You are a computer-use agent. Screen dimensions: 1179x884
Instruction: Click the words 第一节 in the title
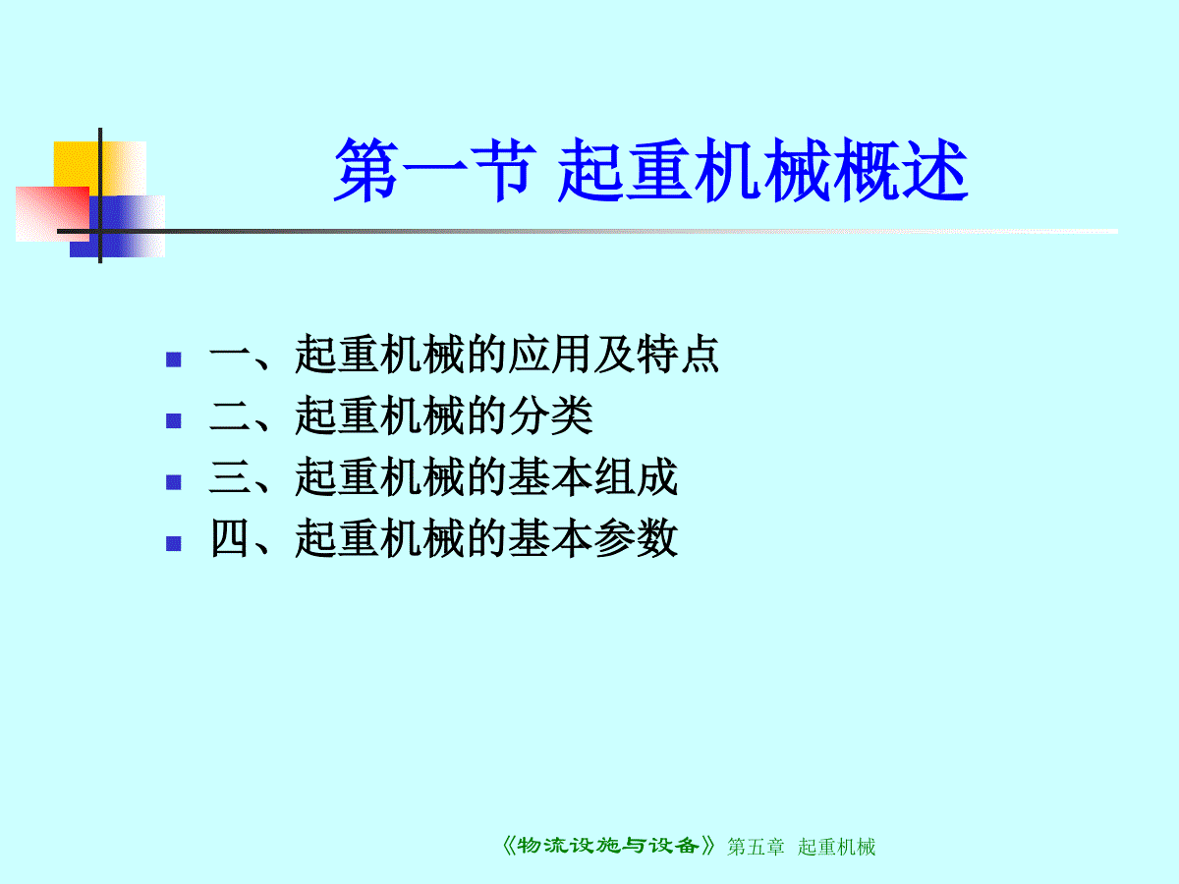[x=435, y=170]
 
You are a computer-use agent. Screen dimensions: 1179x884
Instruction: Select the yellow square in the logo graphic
[x=100, y=169]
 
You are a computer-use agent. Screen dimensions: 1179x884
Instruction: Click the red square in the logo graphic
[x=53, y=213]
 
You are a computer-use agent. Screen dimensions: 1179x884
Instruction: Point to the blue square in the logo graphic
[x=117, y=227]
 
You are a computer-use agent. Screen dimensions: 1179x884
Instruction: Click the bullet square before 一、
[x=174, y=359]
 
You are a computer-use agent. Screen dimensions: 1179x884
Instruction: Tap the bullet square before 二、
[x=174, y=420]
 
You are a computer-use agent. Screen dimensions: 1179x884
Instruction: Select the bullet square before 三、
[x=174, y=482]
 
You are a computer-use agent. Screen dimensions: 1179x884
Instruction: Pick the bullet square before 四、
[x=174, y=543]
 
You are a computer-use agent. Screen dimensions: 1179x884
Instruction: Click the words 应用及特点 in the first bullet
[x=613, y=354]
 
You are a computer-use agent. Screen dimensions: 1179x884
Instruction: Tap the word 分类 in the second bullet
[x=550, y=414]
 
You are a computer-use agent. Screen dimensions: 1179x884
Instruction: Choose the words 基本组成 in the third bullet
[x=592, y=476]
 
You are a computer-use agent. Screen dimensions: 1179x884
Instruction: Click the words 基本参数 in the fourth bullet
[x=592, y=538]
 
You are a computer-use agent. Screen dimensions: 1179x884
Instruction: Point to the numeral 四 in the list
[x=229, y=538]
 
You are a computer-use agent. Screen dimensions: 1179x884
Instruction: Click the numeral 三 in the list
[x=229, y=476]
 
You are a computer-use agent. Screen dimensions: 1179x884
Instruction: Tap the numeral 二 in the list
[x=229, y=415]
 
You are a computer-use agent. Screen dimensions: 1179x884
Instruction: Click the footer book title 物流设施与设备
[x=608, y=846]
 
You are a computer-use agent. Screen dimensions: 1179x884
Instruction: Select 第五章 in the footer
[x=756, y=847]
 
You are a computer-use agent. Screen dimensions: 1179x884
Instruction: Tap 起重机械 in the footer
[x=836, y=847]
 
